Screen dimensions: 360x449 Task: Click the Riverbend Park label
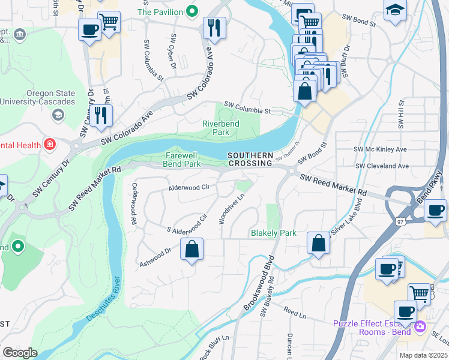[220, 127]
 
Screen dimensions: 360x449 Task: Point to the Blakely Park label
[274, 233]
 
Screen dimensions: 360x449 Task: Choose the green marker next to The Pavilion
[192, 11]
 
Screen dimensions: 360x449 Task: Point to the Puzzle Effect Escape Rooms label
[372, 328]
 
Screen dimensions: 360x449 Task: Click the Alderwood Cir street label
[188, 187]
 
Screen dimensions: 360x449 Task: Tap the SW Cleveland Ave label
[382, 166]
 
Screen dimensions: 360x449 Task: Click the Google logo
[20, 353]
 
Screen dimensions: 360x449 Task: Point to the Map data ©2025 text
[424, 355]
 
